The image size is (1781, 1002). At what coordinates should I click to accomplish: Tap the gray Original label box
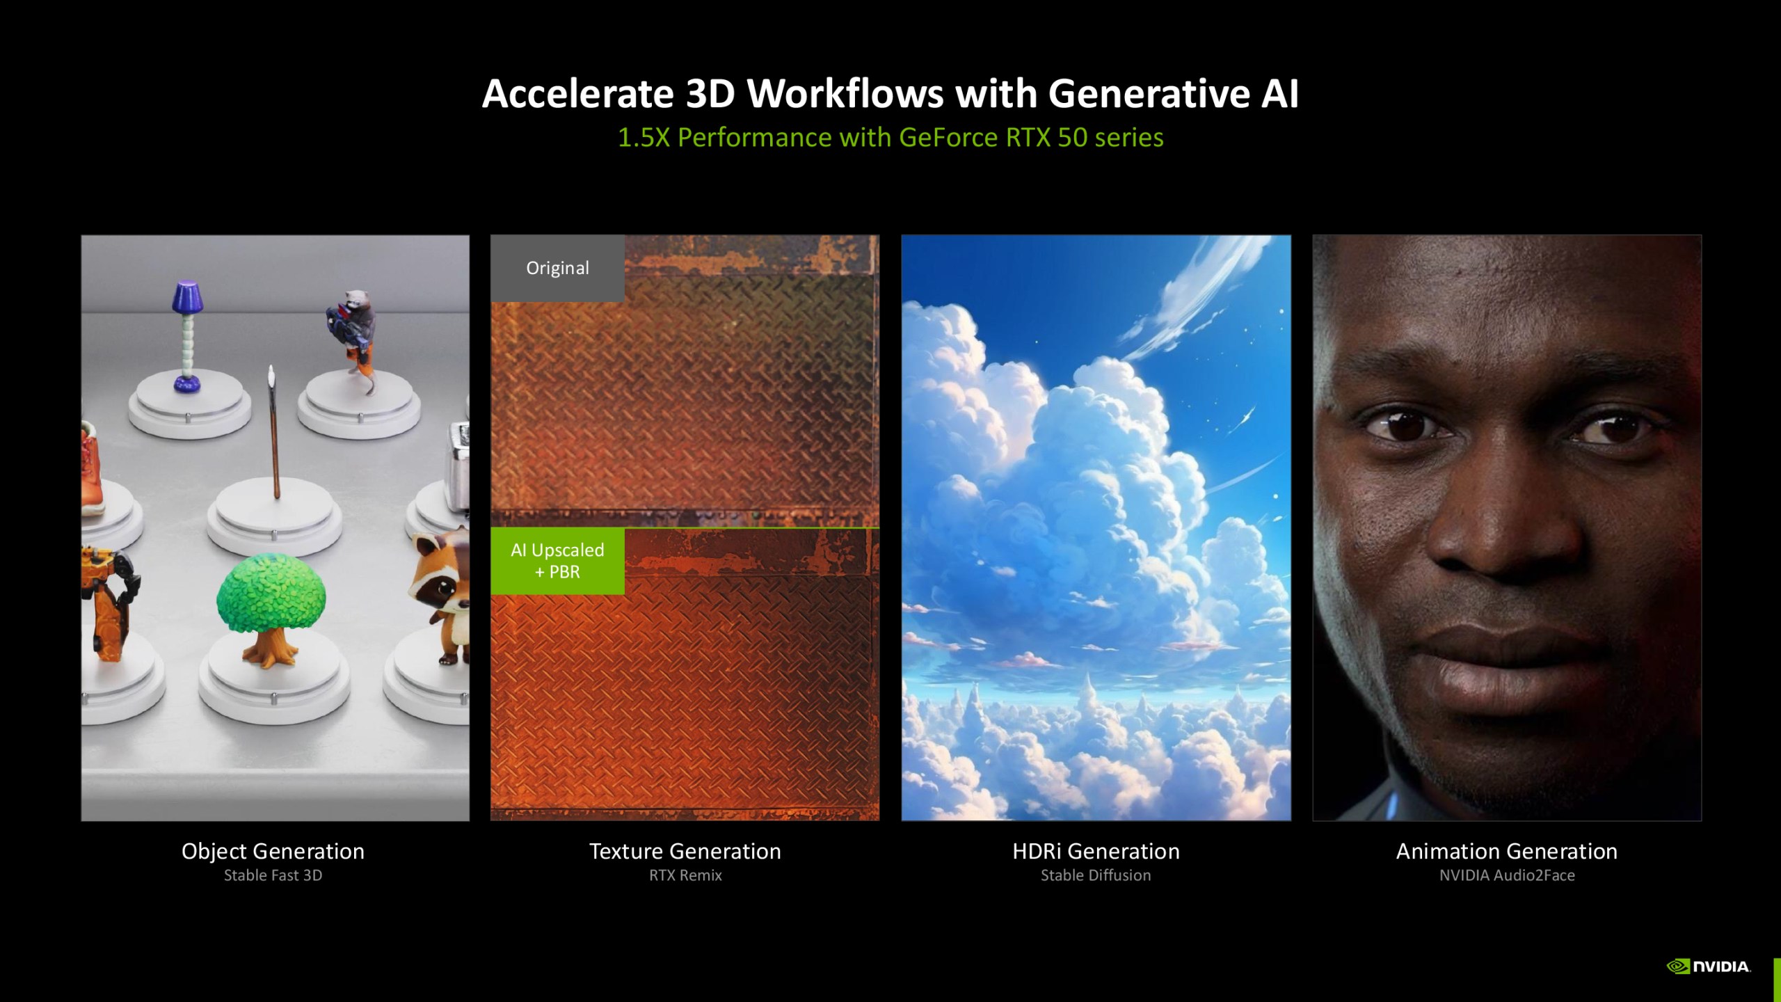(557, 268)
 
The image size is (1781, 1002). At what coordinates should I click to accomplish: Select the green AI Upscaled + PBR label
(557, 561)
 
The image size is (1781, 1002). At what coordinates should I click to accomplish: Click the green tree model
(271, 609)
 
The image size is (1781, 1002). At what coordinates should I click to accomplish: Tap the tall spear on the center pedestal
(273, 431)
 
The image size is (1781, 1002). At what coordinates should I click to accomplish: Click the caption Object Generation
(273, 851)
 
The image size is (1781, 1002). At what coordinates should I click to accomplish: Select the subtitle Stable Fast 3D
(273, 875)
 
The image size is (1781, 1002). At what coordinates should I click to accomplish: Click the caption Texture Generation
(685, 851)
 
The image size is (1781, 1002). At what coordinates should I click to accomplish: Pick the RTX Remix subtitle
(685, 875)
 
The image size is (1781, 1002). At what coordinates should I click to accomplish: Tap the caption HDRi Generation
(1096, 851)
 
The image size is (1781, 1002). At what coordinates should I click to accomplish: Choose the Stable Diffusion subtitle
(1096, 875)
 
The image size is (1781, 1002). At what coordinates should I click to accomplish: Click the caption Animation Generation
(1507, 851)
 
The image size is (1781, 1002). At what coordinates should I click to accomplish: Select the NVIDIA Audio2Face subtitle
(1507, 875)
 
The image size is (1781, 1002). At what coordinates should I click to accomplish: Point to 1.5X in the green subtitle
(644, 137)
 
